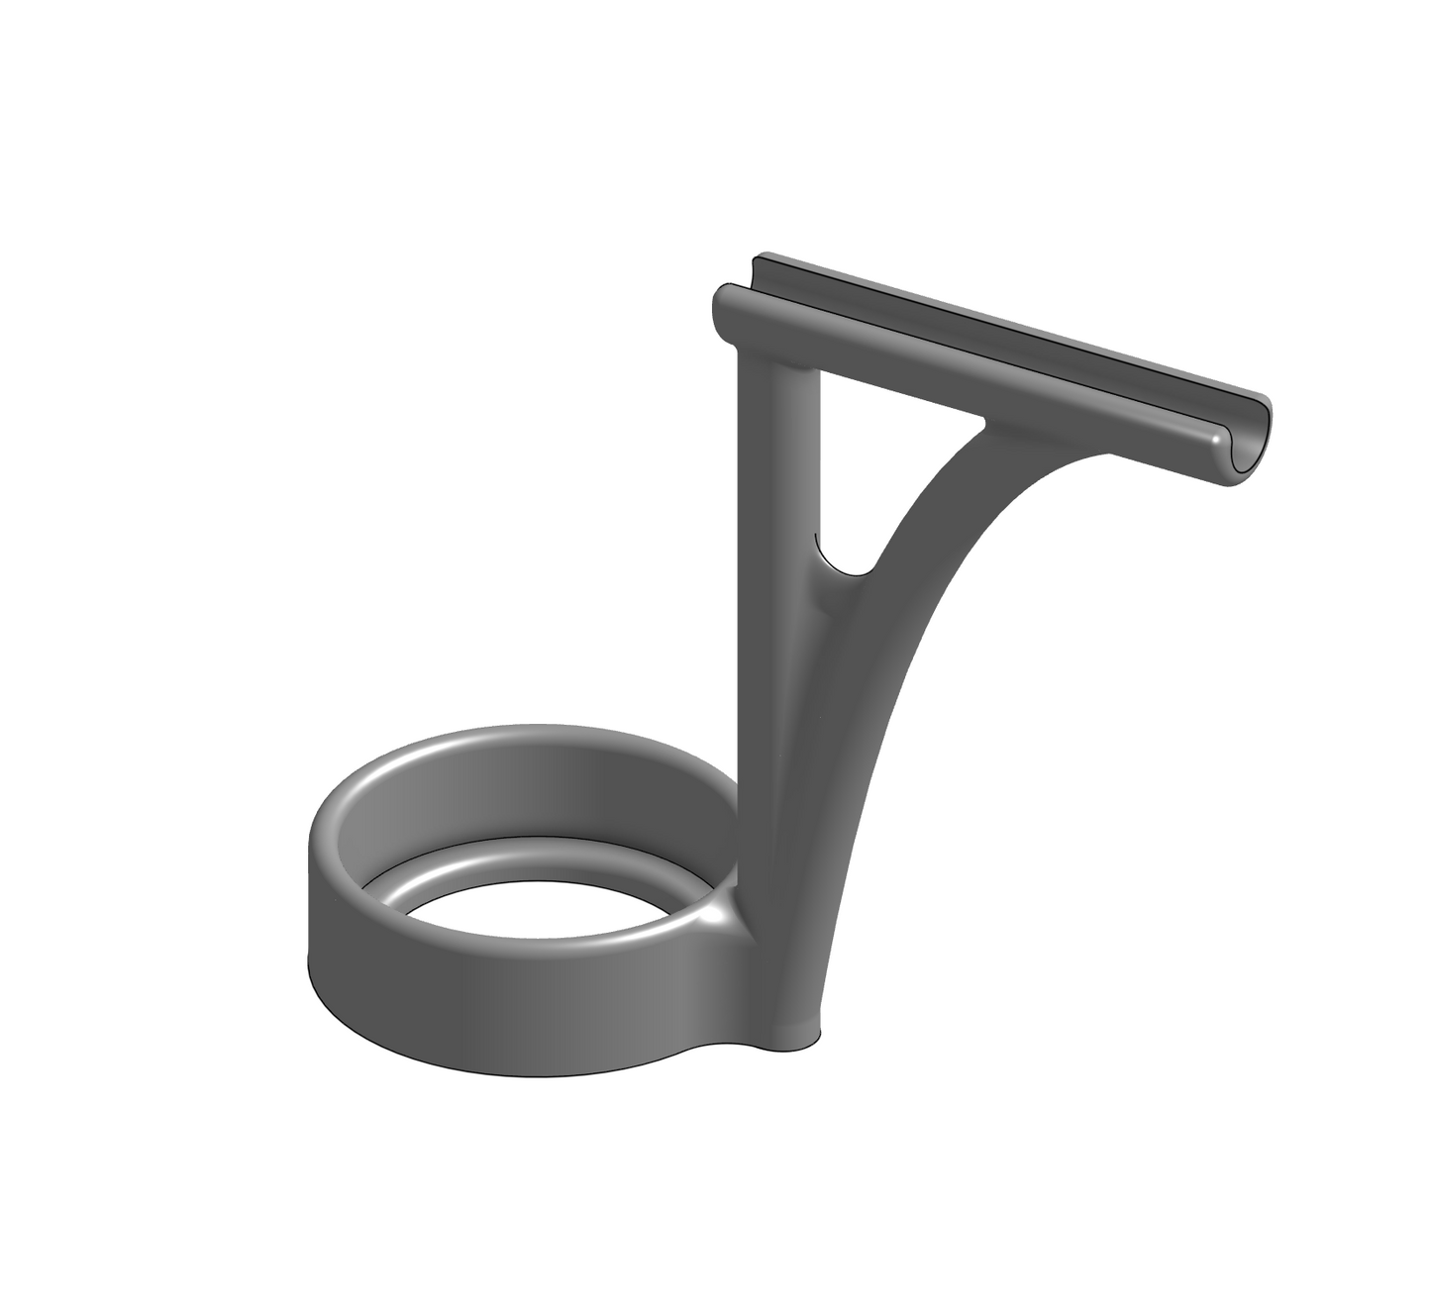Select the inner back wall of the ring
[555, 792]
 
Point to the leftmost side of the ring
[315, 891]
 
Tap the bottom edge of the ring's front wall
[495, 1074]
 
